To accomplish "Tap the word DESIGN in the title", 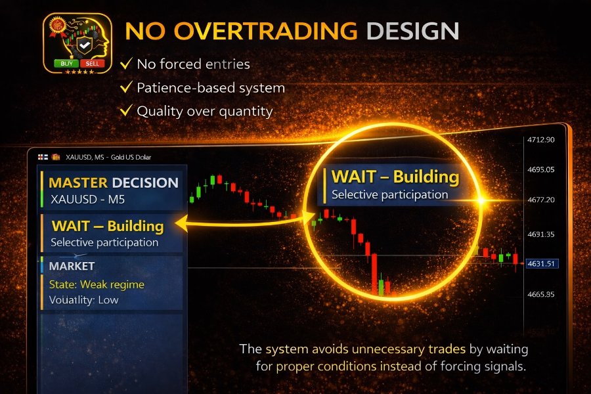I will coord(412,31).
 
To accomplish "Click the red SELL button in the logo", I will coord(91,64).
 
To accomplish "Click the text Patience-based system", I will coord(210,87).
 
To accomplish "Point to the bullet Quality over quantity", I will coord(204,111).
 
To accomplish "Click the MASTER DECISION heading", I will coord(113,183).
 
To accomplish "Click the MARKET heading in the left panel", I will coord(72,266).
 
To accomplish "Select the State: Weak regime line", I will coord(97,284).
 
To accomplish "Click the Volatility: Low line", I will coord(84,300).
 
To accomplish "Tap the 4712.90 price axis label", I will coord(541,140).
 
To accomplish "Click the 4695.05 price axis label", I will coord(541,169).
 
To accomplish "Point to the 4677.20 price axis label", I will coord(541,199).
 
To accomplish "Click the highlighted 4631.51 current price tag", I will coord(542,263).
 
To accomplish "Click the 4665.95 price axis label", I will coord(541,294).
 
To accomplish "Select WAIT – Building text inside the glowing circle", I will coord(395,177).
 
